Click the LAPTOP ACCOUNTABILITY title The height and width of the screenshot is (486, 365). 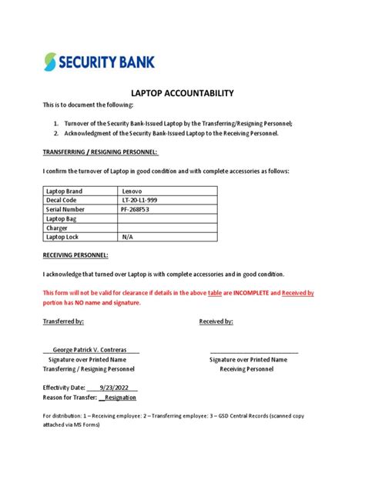182,93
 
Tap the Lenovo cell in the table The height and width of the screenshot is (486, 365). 132,190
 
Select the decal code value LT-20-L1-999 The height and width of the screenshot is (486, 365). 142,199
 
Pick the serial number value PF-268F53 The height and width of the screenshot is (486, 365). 139,209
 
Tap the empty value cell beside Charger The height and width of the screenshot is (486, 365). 166,228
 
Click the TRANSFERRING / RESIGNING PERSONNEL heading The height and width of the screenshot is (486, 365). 90,152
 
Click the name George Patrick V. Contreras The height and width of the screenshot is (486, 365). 91,350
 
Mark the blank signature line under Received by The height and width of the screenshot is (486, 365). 253,351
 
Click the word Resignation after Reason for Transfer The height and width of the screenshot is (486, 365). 119,398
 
